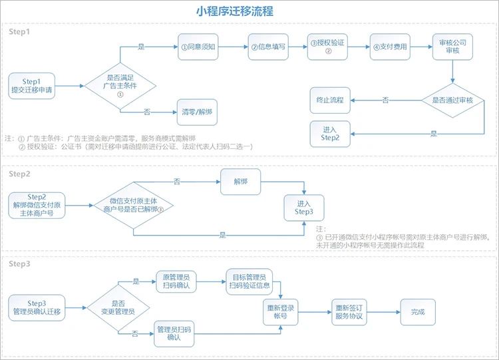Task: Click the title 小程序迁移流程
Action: (235, 11)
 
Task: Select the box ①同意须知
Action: (198, 47)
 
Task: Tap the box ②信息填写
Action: (268, 47)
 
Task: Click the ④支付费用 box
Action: (390, 47)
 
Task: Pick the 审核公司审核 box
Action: (452, 47)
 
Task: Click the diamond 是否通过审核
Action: (452, 100)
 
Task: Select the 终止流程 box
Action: (330, 100)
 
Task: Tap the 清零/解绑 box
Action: (197, 112)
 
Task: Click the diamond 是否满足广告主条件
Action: (120, 86)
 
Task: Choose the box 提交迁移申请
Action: (31, 86)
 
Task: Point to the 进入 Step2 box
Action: (330, 134)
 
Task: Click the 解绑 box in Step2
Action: (241, 182)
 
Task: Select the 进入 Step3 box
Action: (304, 208)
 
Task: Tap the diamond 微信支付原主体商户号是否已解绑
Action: (133, 206)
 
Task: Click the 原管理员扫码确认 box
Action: (176, 281)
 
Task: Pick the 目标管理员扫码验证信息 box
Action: (249, 281)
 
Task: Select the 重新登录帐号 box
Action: (280, 312)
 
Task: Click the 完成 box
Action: (418, 312)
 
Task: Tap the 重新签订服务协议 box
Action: (349, 312)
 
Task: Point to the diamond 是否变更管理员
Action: (118, 308)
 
